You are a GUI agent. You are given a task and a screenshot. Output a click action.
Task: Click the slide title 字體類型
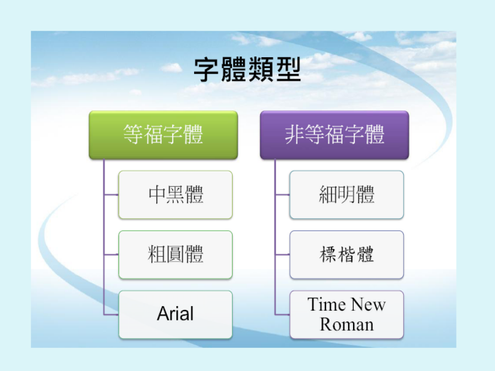(247, 70)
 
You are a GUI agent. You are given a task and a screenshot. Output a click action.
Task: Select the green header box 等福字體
(163, 135)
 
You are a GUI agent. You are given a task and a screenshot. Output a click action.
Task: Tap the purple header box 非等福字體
(334, 135)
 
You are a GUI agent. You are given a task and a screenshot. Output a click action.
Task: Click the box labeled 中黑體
(175, 195)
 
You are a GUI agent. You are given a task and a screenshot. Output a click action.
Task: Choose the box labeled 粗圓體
(175, 254)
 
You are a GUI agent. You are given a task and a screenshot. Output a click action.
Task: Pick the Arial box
(175, 314)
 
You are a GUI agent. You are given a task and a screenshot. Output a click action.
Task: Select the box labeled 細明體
(346, 195)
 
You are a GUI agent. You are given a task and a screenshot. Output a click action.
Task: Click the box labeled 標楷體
(346, 254)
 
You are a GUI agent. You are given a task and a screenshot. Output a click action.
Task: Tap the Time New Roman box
(346, 314)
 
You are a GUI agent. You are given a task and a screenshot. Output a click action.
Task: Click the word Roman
(346, 324)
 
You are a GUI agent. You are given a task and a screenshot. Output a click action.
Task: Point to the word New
(369, 304)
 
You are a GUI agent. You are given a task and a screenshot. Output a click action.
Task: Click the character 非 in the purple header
(295, 135)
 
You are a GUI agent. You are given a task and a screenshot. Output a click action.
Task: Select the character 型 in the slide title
(288, 70)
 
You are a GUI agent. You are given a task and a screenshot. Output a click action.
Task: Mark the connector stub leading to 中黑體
(111, 195)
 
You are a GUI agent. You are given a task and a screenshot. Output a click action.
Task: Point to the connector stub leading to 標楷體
(282, 254)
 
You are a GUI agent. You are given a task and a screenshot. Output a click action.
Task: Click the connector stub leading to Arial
(111, 314)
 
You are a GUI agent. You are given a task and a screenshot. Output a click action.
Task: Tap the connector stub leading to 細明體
(282, 195)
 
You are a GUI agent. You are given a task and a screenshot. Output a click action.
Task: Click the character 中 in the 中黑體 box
(157, 195)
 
